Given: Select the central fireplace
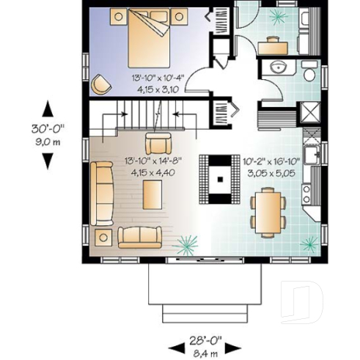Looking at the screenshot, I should pyautogui.click(x=218, y=177).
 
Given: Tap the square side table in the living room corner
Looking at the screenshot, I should pyautogui.click(x=101, y=236).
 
